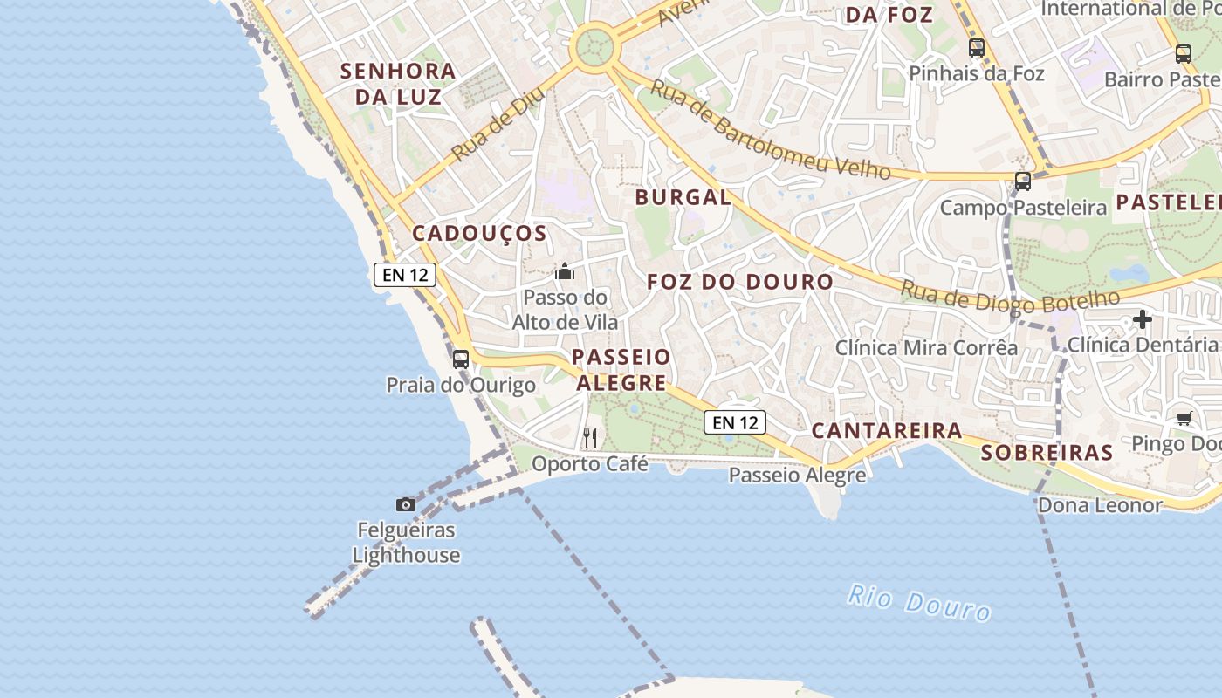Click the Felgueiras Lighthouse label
click(406, 542)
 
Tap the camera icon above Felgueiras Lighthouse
click(406, 504)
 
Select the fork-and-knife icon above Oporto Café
click(591, 437)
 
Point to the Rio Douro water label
click(919, 603)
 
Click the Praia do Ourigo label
click(461, 385)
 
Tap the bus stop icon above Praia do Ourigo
click(461, 359)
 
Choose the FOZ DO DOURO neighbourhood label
click(740, 282)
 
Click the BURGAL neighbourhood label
click(683, 197)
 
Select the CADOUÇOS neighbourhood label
click(479, 233)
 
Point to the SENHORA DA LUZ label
click(398, 83)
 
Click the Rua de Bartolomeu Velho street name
click(770, 130)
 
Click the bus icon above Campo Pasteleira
click(1023, 181)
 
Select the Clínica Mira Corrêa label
click(926, 347)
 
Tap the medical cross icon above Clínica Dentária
click(1143, 319)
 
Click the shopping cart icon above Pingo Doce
click(1184, 418)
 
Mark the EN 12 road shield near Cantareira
click(735, 422)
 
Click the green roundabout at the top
click(594, 44)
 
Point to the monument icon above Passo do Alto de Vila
click(565, 272)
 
